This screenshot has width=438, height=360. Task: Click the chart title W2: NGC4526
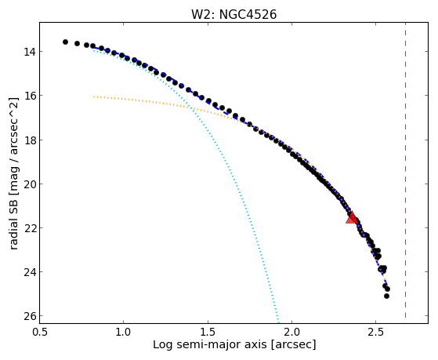click(x=233, y=15)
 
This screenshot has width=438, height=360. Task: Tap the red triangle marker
click(x=352, y=217)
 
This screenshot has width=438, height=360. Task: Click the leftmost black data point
click(x=65, y=42)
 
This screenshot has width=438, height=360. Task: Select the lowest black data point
click(x=386, y=296)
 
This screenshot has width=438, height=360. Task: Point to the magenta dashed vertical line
click(x=405, y=170)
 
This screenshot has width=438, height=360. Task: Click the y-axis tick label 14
click(x=29, y=52)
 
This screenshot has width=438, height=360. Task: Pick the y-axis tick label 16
click(x=29, y=96)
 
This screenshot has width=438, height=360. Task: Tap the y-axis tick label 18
click(x=29, y=140)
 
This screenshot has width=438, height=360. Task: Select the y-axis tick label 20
click(x=29, y=184)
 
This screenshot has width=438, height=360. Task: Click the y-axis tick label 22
click(x=29, y=228)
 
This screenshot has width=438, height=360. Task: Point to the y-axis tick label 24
click(x=29, y=272)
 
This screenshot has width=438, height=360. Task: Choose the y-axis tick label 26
click(x=29, y=316)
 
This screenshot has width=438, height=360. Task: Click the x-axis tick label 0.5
click(x=39, y=332)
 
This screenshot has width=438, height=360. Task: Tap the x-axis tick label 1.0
click(x=124, y=332)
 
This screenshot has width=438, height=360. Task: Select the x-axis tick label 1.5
click(x=208, y=332)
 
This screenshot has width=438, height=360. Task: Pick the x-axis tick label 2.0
click(x=292, y=332)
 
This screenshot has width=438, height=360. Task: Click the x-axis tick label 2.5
click(x=376, y=332)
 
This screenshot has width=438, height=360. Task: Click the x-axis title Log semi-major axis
click(x=210, y=345)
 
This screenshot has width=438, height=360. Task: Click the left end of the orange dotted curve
click(x=94, y=96)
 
